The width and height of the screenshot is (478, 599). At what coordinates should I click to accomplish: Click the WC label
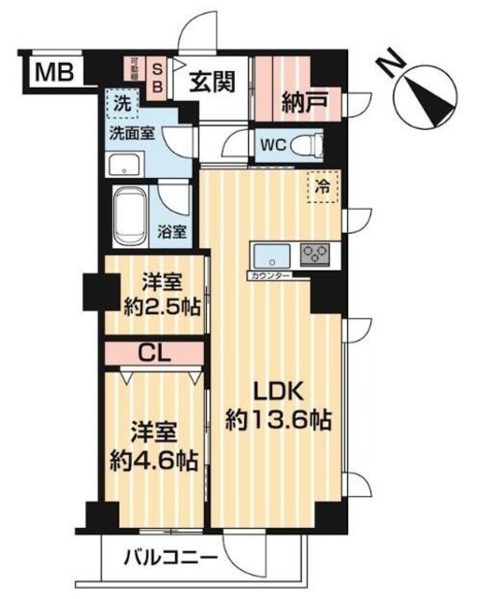click(x=274, y=146)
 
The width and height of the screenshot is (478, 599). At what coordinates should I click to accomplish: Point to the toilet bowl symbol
click(x=311, y=146)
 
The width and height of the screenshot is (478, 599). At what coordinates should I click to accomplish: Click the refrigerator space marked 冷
click(x=323, y=187)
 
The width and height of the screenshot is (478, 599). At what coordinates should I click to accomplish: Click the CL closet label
click(x=154, y=353)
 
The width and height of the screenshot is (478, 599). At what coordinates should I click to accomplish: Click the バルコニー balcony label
click(x=171, y=559)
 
